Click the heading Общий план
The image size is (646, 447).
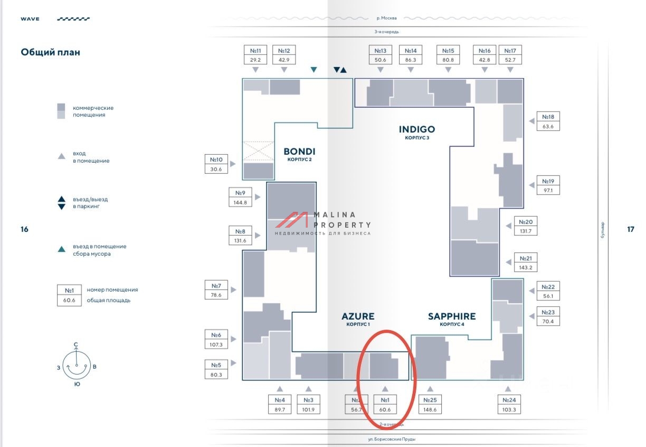point(51,52)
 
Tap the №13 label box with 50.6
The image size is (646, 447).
point(381,55)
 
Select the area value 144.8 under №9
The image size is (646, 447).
point(240,202)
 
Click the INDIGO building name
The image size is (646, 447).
point(417,129)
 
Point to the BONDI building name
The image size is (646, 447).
point(299,152)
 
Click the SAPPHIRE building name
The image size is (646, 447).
point(451,316)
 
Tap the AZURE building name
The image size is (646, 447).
point(358,316)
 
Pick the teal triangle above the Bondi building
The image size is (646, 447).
point(314,70)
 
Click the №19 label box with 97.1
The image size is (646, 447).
point(548,185)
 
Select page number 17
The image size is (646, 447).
point(631,229)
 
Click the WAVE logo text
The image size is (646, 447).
point(30,19)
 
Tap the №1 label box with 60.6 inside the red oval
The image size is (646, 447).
point(385,405)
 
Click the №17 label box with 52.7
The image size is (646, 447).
point(510,55)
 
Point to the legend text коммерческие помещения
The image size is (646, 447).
point(93,111)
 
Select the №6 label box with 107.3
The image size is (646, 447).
point(216,340)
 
